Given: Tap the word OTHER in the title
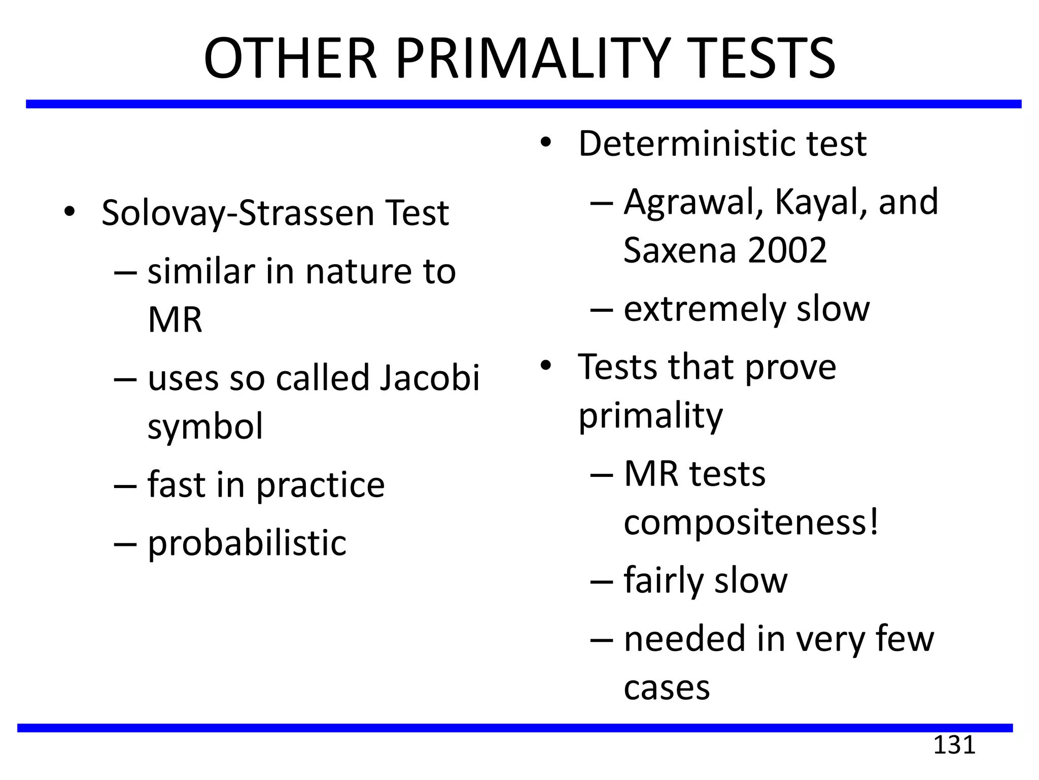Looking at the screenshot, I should [x=290, y=58].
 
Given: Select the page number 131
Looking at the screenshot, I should [x=954, y=745].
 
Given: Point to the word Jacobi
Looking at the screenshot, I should [x=429, y=378].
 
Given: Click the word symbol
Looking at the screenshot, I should [x=205, y=427].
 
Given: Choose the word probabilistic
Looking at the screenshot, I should [x=247, y=543].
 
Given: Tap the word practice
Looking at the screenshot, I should [x=320, y=485].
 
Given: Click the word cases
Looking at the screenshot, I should [x=667, y=688].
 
